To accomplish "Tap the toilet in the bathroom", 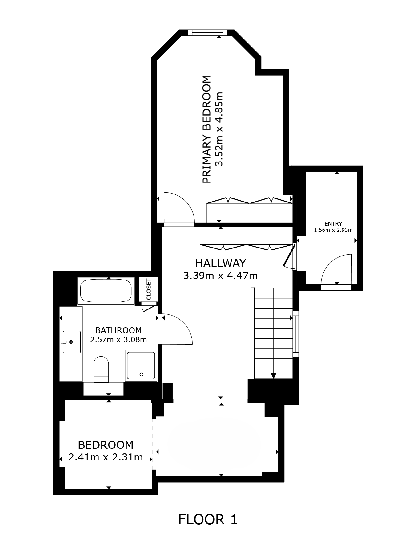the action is [101, 369].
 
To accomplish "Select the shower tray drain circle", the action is [142, 374].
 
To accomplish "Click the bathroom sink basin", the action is [71, 342].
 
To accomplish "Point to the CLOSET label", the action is [149, 289].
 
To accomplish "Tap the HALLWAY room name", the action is [221, 263].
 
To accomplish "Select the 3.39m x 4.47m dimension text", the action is [220, 275].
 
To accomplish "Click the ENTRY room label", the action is [333, 224].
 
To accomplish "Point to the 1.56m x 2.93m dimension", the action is [333, 230].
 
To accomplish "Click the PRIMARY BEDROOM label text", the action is [207, 129].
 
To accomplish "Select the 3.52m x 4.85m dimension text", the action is [218, 129].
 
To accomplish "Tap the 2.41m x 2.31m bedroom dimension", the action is [106, 457].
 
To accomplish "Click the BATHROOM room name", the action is [118, 330].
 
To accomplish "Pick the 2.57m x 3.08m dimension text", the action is [118, 340].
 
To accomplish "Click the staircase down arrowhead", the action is [273, 376].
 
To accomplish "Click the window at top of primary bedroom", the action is [207, 32].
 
